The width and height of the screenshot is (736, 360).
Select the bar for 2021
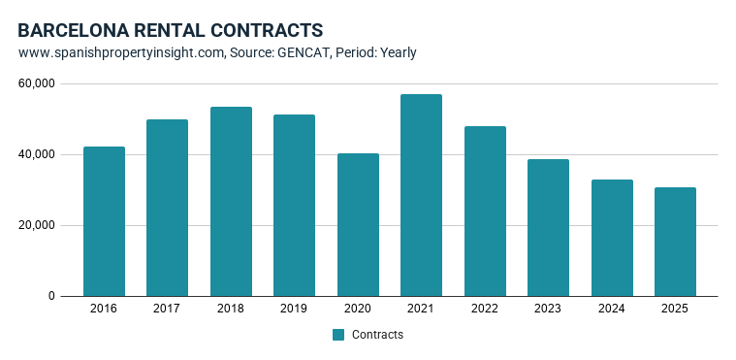[421, 195]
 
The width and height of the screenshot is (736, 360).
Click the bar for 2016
[104, 221]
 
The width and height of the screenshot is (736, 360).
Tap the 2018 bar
[231, 202]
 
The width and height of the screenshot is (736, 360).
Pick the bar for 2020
[358, 225]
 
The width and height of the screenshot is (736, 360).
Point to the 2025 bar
[675, 242]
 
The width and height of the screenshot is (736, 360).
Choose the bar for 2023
[548, 228]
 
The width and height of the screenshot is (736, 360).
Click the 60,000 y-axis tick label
[36, 83]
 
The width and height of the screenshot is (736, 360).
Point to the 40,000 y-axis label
[36, 154]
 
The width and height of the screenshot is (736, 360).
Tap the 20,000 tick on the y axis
[36, 225]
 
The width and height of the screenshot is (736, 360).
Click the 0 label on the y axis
[51, 296]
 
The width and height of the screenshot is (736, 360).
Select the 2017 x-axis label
[167, 309]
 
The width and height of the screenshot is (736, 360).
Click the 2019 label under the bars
[295, 309]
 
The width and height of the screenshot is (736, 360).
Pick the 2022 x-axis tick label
[485, 309]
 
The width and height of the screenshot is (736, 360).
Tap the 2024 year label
[612, 309]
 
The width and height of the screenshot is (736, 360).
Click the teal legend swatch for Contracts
[338, 335]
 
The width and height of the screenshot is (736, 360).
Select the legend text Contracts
[377, 335]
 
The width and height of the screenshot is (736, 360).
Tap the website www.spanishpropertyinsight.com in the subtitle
[122, 52]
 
